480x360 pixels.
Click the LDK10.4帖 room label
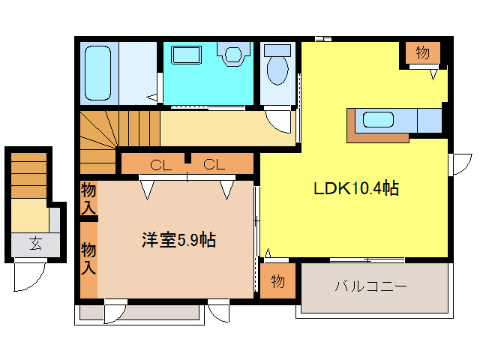tap(355, 189)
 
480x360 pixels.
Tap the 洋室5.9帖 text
tap(179, 241)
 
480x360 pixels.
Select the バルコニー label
tap(370, 286)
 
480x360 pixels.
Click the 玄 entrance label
tap(35, 243)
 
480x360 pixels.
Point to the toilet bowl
tap(278, 67)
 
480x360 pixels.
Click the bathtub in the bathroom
tap(98, 73)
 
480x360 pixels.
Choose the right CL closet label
tap(213, 163)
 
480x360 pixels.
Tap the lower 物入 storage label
tap(88, 256)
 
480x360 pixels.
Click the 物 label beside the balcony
tap(277, 282)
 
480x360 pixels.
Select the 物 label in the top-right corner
tap(422, 53)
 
